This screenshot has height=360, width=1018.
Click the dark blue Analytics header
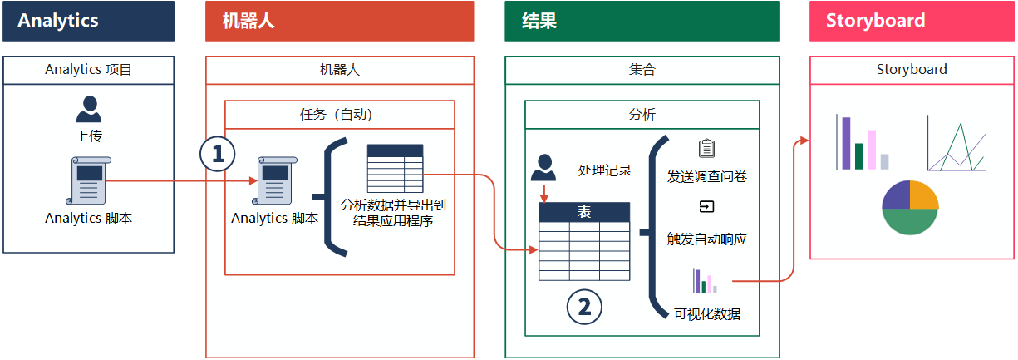[88, 21]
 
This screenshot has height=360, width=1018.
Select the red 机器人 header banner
[339, 21]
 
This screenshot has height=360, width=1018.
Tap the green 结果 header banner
[642, 21]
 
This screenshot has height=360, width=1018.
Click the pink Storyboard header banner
[912, 21]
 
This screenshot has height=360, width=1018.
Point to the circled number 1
[218, 154]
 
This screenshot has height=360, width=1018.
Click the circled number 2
[584, 307]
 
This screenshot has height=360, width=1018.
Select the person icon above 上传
[88, 109]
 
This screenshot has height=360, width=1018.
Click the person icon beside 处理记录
[543, 168]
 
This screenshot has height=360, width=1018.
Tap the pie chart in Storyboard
[910, 207]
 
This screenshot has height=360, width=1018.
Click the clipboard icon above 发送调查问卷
[706, 149]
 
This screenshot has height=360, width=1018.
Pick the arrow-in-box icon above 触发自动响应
[706, 207]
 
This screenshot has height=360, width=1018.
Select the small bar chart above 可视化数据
[706, 281]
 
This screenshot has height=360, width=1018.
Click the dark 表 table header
[584, 213]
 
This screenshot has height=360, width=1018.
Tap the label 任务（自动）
[339, 115]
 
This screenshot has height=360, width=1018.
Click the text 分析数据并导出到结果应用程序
[393, 213]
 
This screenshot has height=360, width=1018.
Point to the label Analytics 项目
[88, 70]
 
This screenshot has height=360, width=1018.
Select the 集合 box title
[642, 70]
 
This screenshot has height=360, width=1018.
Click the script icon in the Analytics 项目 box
[88, 180]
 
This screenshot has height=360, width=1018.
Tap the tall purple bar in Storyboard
[846, 143]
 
